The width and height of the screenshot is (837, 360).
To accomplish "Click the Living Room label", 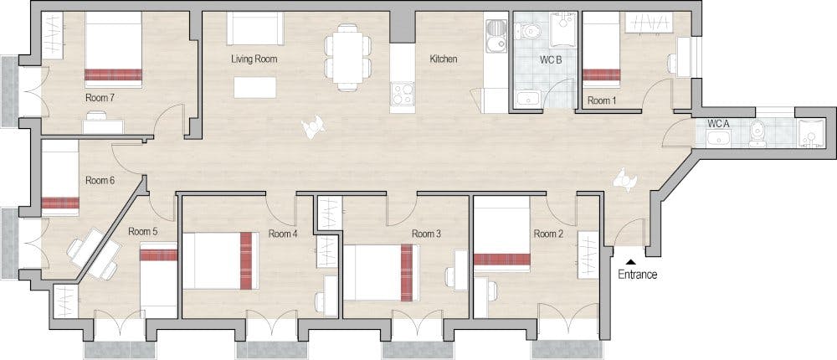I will pyautogui.click(x=254, y=59).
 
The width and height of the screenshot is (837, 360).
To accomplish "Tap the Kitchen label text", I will pyautogui.click(x=443, y=59).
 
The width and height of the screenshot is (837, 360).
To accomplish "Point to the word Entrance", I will pyautogui.click(x=637, y=275).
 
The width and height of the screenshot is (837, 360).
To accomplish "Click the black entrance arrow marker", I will pyautogui.click(x=629, y=261).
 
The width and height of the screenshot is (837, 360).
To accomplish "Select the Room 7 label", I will pyautogui.click(x=100, y=98).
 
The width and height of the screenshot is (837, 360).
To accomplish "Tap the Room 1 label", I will pyautogui.click(x=601, y=100).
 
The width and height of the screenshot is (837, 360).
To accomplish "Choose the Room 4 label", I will pyautogui.click(x=283, y=234).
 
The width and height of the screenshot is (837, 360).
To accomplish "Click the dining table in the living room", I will pyautogui.click(x=349, y=56).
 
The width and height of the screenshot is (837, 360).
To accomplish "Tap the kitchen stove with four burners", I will pyautogui.click(x=403, y=93).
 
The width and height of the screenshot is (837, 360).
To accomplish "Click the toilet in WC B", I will pyautogui.click(x=531, y=30).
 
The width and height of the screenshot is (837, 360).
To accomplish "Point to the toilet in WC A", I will pyautogui.click(x=757, y=133).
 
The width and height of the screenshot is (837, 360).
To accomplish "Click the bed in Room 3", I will pyautogui.click(x=382, y=272).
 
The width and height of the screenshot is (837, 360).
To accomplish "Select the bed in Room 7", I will pyautogui.click(x=113, y=54).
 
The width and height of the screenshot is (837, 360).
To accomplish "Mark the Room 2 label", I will pyautogui.click(x=547, y=234).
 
